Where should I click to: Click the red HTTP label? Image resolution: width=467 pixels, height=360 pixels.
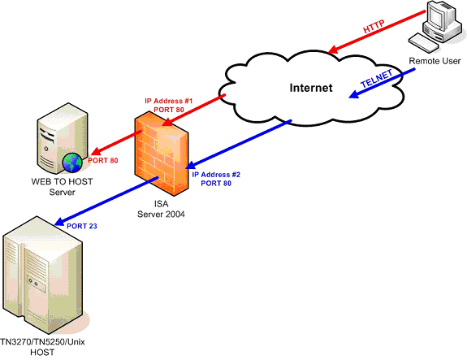(374, 28)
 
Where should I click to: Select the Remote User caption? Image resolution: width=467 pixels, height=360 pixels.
(435, 61)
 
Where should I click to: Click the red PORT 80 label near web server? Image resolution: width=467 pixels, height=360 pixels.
(103, 160)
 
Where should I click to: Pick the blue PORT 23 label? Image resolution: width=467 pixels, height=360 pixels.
(82, 225)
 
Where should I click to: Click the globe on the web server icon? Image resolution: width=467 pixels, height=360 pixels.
(71, 160)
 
